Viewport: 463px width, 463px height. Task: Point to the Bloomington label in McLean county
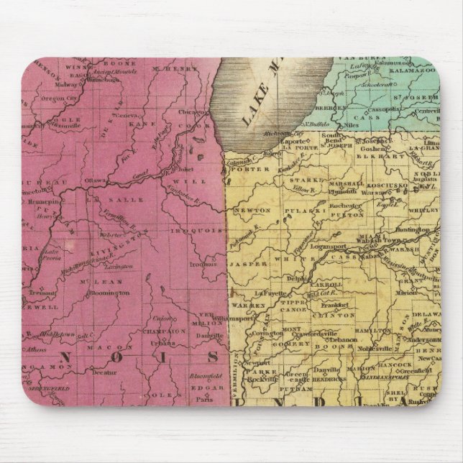(x=110, y=293)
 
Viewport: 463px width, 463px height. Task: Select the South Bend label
(x=333, y=135)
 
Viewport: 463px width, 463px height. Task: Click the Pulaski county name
(x=303, y=214)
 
